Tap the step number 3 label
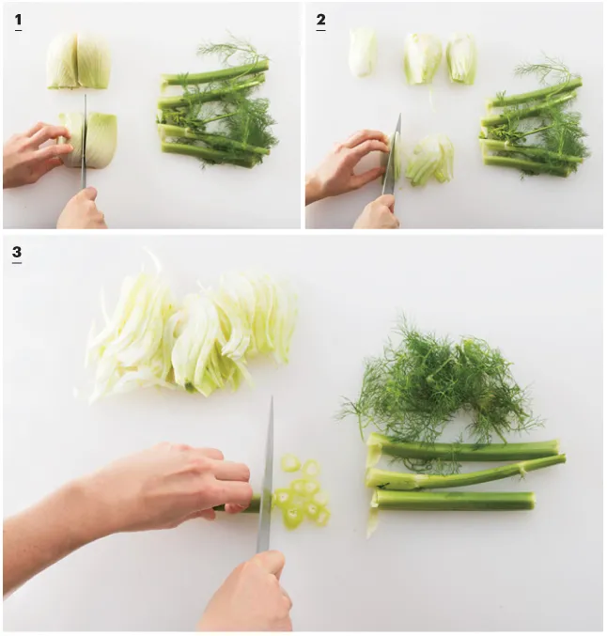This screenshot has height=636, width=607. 17,254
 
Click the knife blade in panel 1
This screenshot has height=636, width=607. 85,141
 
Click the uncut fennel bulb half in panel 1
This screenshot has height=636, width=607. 78,61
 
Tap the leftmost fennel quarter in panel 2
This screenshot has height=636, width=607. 363,53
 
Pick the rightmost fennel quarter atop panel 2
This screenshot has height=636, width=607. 461,59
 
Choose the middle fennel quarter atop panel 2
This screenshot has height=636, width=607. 423,59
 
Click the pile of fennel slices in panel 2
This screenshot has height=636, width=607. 429,160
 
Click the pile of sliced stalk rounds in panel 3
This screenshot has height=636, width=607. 304,491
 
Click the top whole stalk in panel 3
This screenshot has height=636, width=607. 462,449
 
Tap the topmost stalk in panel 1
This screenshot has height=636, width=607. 215,73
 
